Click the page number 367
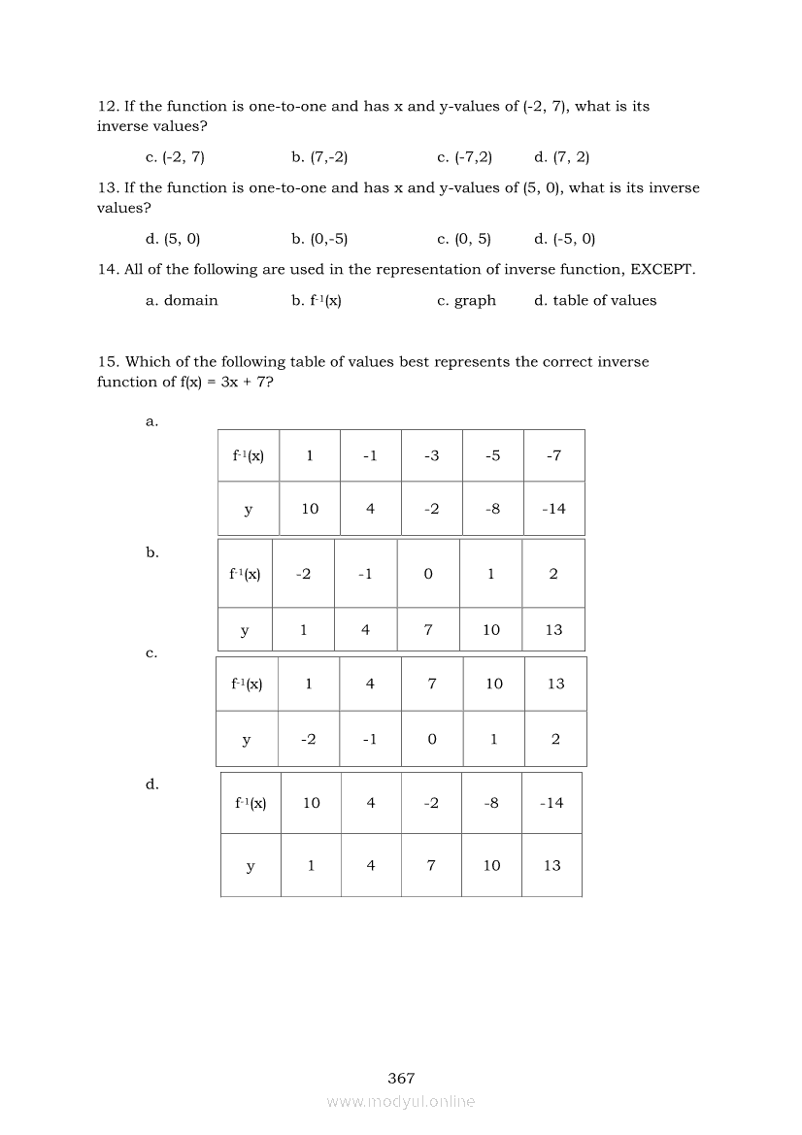(x=401, y=1078)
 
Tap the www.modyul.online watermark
(x=401, y=1101)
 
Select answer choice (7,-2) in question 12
(x=319, y=157)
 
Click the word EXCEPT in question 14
(x=662, y=269)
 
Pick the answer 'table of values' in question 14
(x=595, y=301)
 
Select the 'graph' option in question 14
(x=467, y=301)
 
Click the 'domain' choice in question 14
(x=182, y=301)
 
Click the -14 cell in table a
(x=553, y=508)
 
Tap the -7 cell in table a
(x=553, y=455)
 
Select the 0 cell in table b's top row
(x=428, y=574)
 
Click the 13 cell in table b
(x=553, y=630)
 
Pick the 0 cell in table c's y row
(x=432, y=739)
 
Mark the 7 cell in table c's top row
(x=432, y=684)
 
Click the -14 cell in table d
(x=551, y=803)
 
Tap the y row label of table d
(x=251, y=865)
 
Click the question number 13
(x=107, y=188)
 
